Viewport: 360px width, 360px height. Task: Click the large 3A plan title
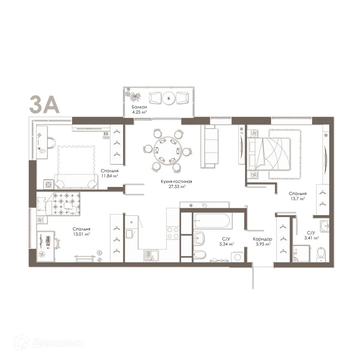43,104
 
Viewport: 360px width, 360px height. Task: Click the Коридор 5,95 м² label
262,241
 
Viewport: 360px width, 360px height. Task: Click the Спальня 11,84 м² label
109,173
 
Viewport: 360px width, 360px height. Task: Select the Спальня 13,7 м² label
297,196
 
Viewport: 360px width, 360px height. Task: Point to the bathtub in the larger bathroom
212,222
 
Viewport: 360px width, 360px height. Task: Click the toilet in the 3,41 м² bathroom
321,254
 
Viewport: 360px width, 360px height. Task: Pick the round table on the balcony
169,98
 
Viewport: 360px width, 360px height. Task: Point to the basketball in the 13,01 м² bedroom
99,253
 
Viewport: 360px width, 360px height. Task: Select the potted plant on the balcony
134,96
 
